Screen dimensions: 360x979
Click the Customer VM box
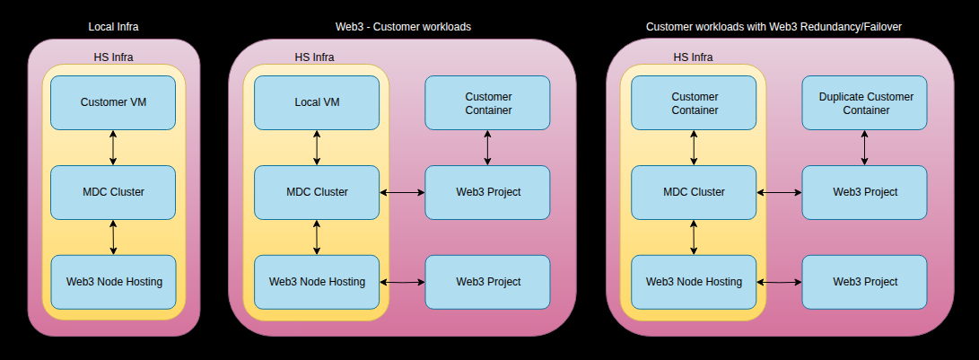(x=113, y=102)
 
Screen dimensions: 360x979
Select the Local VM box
(x=317, y=102)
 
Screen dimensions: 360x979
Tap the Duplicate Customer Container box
(x=865, y=103)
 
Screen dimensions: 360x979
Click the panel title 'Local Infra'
(x=113, y=27)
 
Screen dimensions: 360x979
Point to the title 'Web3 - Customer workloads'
(x=402, y=27)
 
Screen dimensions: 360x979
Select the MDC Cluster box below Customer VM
(x=113, y=192)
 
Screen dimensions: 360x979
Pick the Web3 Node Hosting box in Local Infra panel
(x=113, y=282)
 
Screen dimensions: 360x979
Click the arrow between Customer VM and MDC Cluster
(x=113, y=147)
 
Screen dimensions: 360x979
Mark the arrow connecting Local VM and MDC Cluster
(x=317, y=147)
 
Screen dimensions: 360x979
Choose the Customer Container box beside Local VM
(x=487, y=103)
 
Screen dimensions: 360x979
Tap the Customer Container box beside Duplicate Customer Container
(x=694, y=103)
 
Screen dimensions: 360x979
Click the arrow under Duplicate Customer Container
(x=865, y=147)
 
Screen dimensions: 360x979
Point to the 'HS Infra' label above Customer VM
(x=113, y=57)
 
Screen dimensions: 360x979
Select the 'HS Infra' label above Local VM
(x=314, y=57)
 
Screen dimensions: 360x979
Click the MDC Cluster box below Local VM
(x=317, y=192)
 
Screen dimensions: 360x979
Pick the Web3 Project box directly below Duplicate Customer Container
(x=865, y=192)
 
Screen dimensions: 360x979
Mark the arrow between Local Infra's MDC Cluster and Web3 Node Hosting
(x=113, y=237)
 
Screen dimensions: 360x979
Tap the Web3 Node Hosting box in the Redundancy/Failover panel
(x=694, y=282)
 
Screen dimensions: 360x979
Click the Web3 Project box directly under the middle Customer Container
(x=487, y=192)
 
